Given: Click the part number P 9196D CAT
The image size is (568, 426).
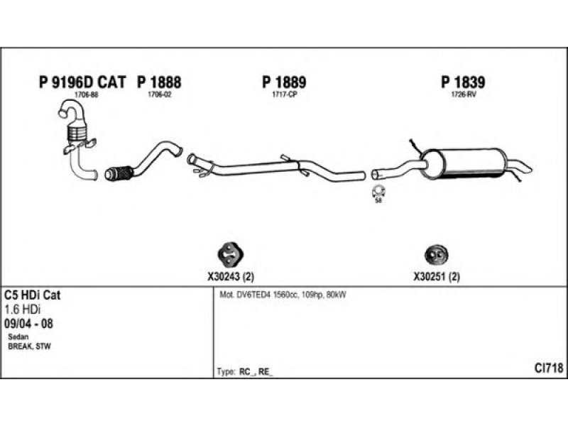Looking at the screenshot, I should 82,83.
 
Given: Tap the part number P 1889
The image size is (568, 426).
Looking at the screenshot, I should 284,83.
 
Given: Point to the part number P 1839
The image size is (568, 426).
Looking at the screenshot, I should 463,83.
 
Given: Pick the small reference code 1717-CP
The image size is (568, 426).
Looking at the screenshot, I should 284,94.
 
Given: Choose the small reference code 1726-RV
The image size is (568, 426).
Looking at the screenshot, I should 463,94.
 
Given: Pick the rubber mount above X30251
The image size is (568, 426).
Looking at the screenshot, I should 435,256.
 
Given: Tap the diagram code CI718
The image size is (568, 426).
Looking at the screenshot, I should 548,368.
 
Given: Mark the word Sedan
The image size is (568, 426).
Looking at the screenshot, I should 18,336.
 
